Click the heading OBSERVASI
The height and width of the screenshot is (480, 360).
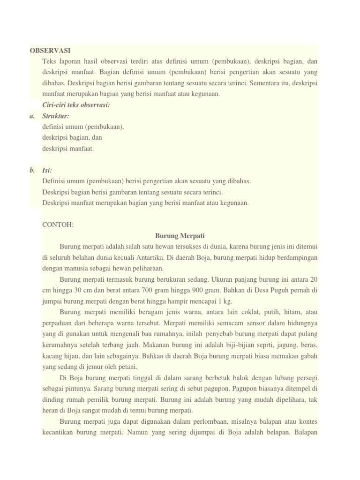pyautogui.click(x=50, y=50)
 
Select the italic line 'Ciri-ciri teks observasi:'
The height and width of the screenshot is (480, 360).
pyautogui.click(x=76, y=105)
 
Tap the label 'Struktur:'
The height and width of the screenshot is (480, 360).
pyautogui.click(x=56, y=115)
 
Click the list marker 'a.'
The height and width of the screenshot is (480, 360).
pyautogui.click(x=32, y=115)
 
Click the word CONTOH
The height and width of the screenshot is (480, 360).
pyautogui.click(x=58, y=225)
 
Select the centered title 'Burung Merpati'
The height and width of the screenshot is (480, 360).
pyautogui.click(x=180, y=235)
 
